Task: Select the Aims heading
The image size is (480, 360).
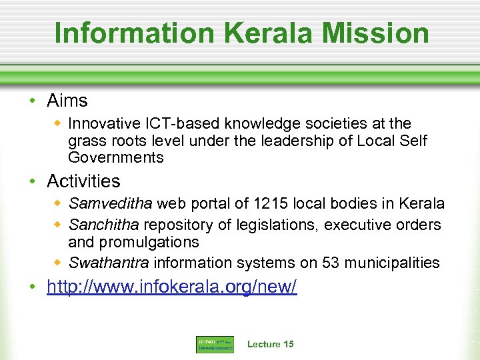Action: [x=67, y=101]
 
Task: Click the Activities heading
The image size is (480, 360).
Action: [x=83, y=181]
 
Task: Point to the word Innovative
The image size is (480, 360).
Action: [x=101, y=123]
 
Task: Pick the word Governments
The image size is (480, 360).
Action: [x=115, y=157]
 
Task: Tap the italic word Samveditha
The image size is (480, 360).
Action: [x=110, y=203]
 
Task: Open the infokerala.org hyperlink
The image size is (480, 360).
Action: [x=171, y=287]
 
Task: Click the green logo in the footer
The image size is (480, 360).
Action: [x=214, y=345]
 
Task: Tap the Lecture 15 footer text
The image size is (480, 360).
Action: [x=270, y=344]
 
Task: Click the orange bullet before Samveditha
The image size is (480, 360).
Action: [x=58, y=203]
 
